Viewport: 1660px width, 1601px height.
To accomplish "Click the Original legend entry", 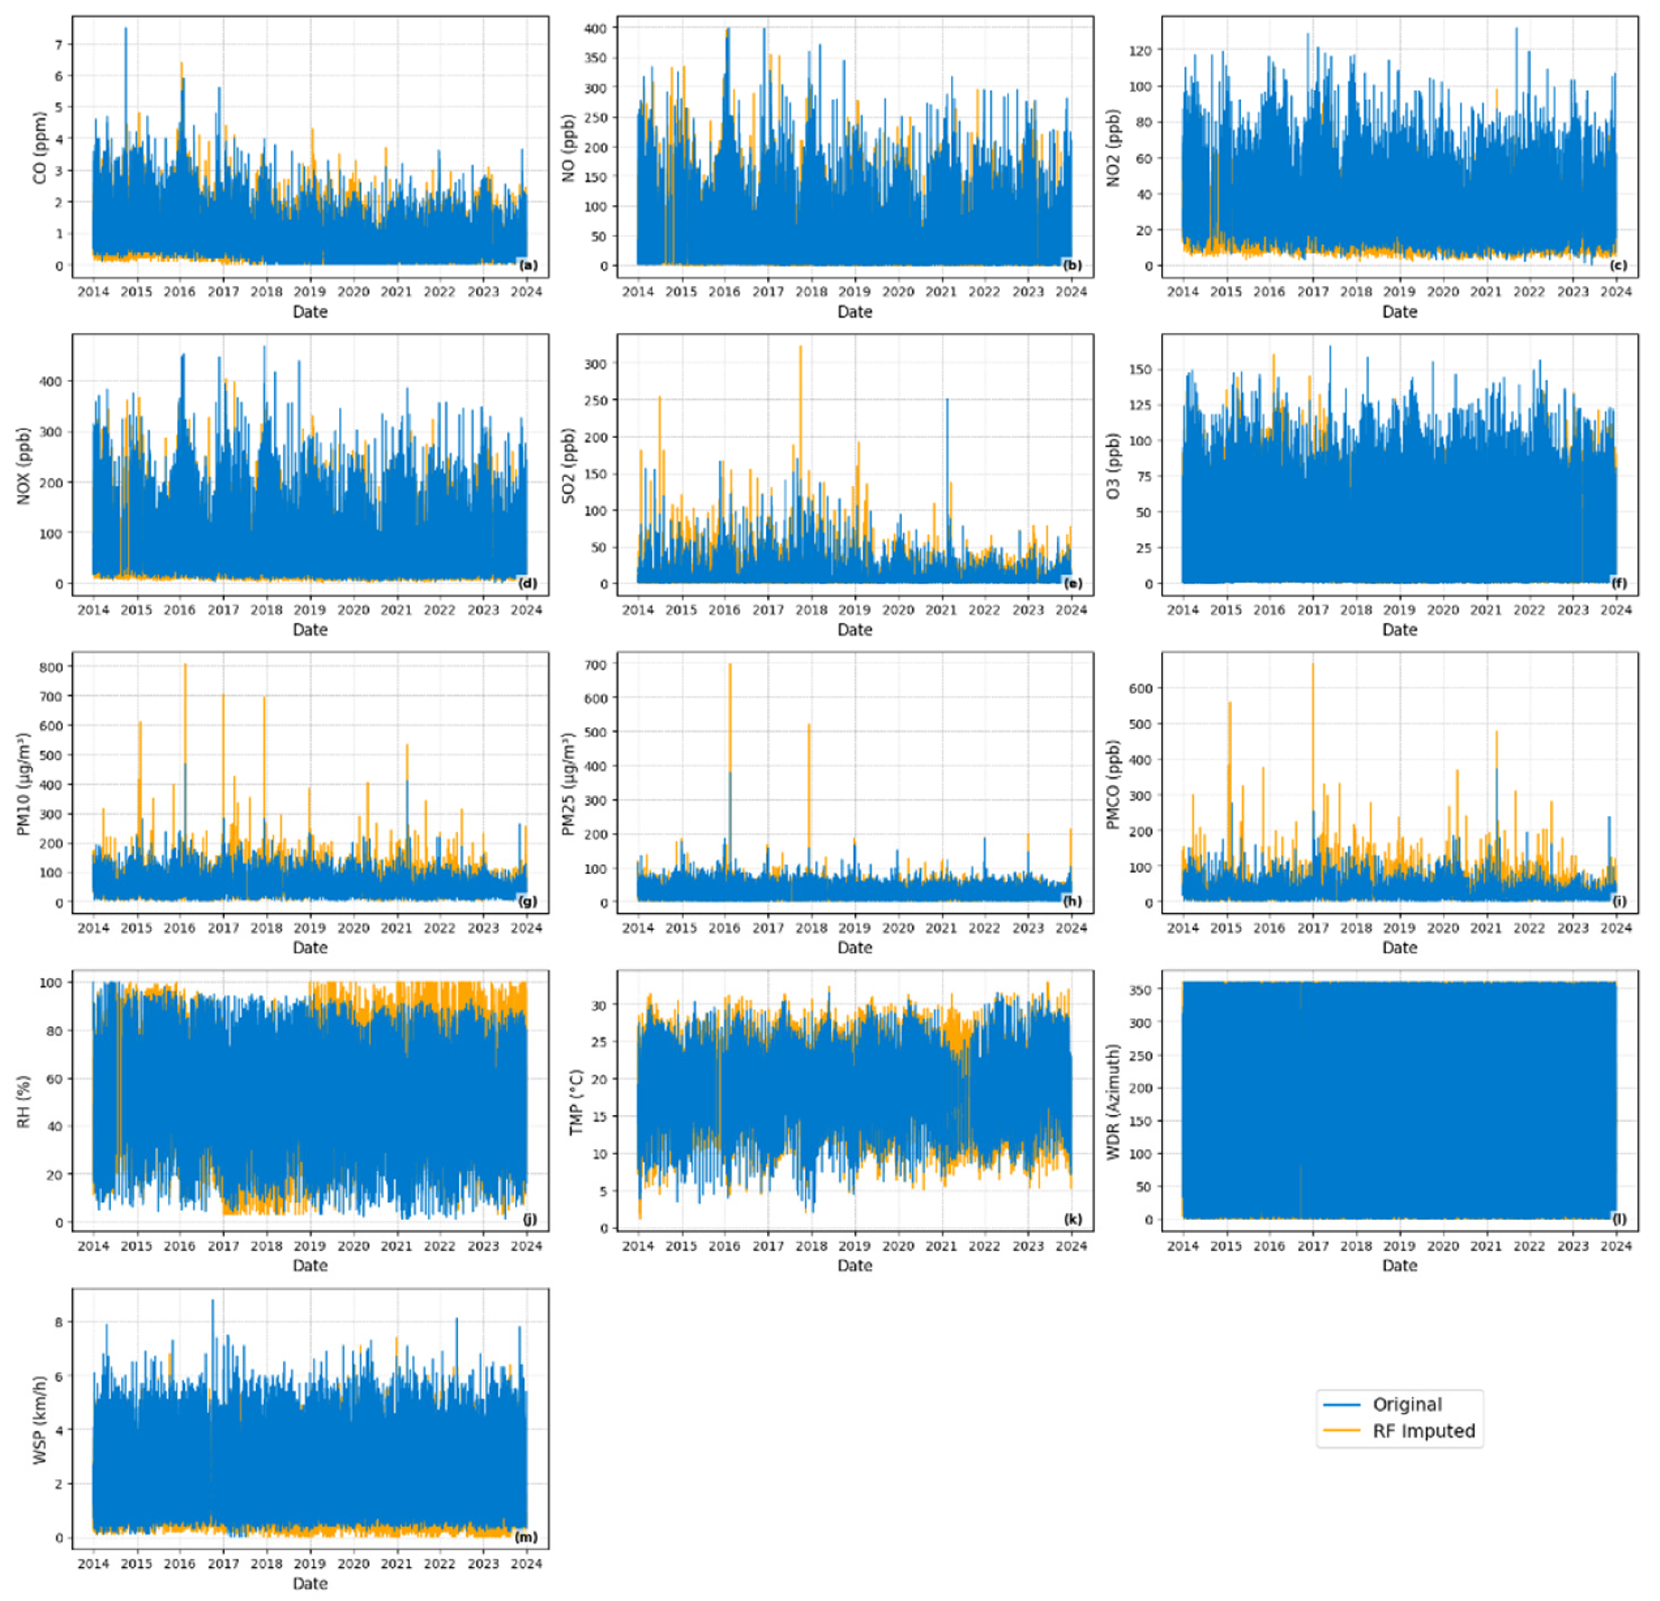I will point(1406,1404).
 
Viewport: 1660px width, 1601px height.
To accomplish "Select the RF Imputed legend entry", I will point(1423,1431).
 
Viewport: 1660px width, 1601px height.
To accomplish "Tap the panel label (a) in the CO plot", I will point(528,265).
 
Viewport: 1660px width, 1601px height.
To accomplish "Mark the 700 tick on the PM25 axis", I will point(596,665).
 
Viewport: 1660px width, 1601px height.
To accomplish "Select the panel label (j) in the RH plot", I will point(529,1219).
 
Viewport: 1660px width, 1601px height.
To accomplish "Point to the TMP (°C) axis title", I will point(576,1101).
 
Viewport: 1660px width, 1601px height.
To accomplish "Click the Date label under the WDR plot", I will point(1399,1266).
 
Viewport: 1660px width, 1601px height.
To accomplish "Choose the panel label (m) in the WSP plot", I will point(526,1537).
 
